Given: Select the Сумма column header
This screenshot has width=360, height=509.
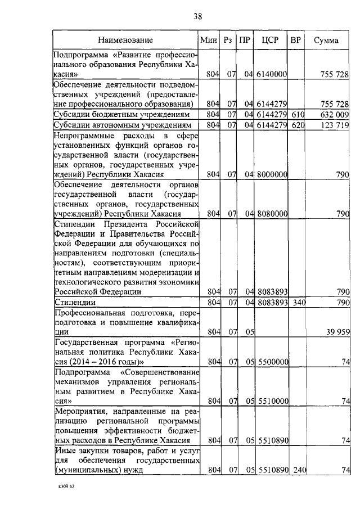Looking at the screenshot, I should tap(326, 40).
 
